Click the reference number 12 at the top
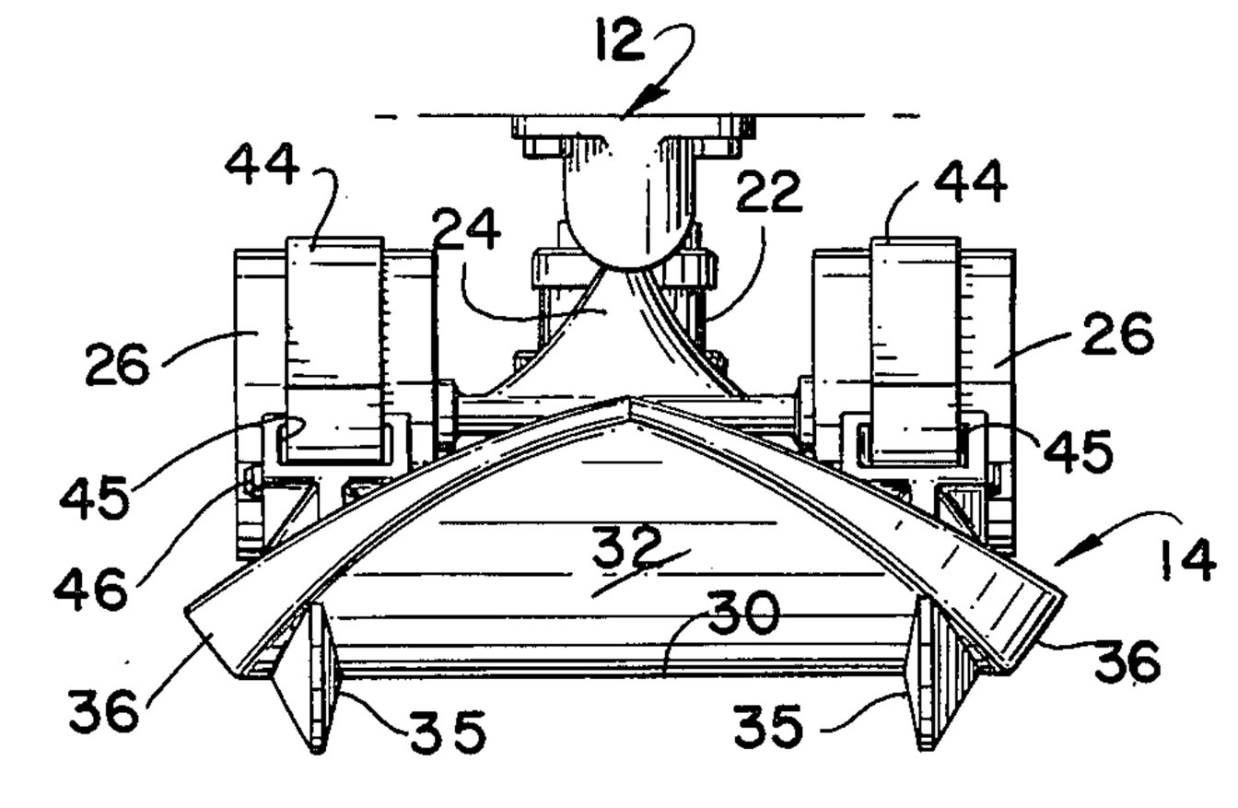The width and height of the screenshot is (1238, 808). [620, 40]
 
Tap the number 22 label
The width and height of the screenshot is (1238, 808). [769, 192]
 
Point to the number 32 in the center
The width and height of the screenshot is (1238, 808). [627, 545]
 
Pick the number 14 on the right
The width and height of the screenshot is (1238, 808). [1187, 560]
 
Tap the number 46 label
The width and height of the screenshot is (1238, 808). [91, 590]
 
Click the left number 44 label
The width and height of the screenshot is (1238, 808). [262, 164]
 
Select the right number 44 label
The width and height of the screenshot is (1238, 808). [971, 182]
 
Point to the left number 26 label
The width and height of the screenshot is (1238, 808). [117, 364]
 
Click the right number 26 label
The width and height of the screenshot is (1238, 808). [1118, 334]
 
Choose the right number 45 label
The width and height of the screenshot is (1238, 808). [1078, 451]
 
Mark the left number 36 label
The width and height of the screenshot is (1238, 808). [103, 711]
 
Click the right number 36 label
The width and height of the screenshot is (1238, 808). [1127, 661]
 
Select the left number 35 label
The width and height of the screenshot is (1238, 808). [448, 732]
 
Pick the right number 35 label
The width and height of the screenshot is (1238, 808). [768, 725]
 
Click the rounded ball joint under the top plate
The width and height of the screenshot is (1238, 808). [627, 221]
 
